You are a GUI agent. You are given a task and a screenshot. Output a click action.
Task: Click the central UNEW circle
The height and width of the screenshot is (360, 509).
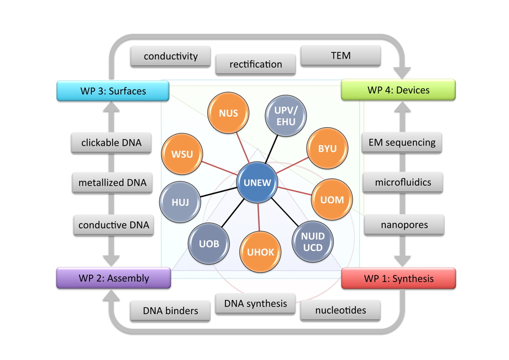(258, 183)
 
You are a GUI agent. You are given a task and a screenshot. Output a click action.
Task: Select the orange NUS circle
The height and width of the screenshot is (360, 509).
(228, 113)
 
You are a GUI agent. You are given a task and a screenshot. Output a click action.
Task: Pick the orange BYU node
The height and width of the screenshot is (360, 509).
(327, 149)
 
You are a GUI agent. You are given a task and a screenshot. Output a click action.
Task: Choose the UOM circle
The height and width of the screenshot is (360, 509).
(332, 200)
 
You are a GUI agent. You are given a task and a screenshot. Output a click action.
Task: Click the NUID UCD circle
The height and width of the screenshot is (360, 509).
(313, 242)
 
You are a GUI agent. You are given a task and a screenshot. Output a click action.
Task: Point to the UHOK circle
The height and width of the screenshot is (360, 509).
(260, 252)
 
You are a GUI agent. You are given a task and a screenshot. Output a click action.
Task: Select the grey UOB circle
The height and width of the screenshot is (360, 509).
(209, 243)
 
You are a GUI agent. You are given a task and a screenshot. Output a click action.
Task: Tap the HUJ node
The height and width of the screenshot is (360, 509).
(180, 202)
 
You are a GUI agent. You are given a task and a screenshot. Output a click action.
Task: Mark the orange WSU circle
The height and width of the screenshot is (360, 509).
(182, 153)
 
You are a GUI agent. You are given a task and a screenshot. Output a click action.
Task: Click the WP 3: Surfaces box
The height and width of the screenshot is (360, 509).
(113, 91)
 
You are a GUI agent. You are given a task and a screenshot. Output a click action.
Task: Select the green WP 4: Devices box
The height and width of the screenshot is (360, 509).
(398, 90)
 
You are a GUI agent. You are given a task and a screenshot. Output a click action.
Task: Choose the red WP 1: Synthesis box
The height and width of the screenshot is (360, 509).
(399, 279)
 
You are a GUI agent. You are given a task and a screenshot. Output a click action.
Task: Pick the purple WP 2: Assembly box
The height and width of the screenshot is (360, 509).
(114, 278)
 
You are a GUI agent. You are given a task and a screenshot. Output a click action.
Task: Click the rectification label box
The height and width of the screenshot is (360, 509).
(256, 64)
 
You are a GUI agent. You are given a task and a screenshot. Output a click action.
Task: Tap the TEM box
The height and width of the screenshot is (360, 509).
(341, 56)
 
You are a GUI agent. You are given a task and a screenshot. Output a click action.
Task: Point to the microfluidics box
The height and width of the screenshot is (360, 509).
(403, 182)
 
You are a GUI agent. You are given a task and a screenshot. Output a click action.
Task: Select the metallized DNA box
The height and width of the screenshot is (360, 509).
(112, 182)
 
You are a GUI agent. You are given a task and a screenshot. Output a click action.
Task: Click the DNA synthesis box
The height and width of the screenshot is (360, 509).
(256, 303)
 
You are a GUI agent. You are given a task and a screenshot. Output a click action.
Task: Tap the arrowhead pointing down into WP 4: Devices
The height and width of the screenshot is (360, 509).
(403, 72)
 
